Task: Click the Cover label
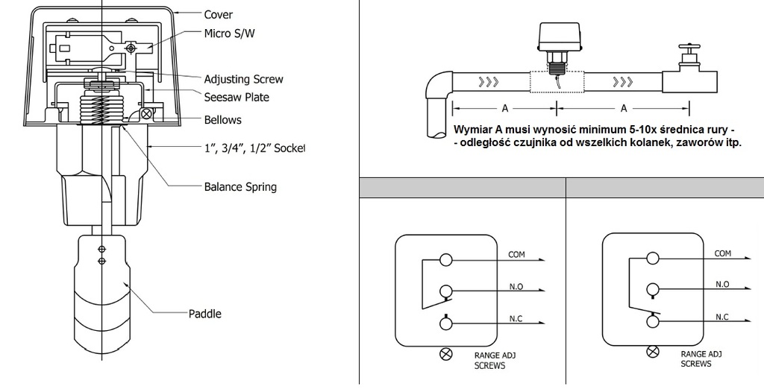219,15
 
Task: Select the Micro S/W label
229,33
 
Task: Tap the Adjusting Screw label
243,79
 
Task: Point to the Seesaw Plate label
237,97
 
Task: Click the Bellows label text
222,120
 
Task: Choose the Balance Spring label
240,187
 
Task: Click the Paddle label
204,314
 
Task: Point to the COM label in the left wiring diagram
516,255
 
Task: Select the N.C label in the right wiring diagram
722,317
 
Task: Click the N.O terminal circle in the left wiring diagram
446,291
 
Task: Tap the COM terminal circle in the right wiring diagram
653,258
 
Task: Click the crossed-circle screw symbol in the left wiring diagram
446,354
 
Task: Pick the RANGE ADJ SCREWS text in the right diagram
701,358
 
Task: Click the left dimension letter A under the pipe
505,109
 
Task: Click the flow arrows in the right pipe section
623,81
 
